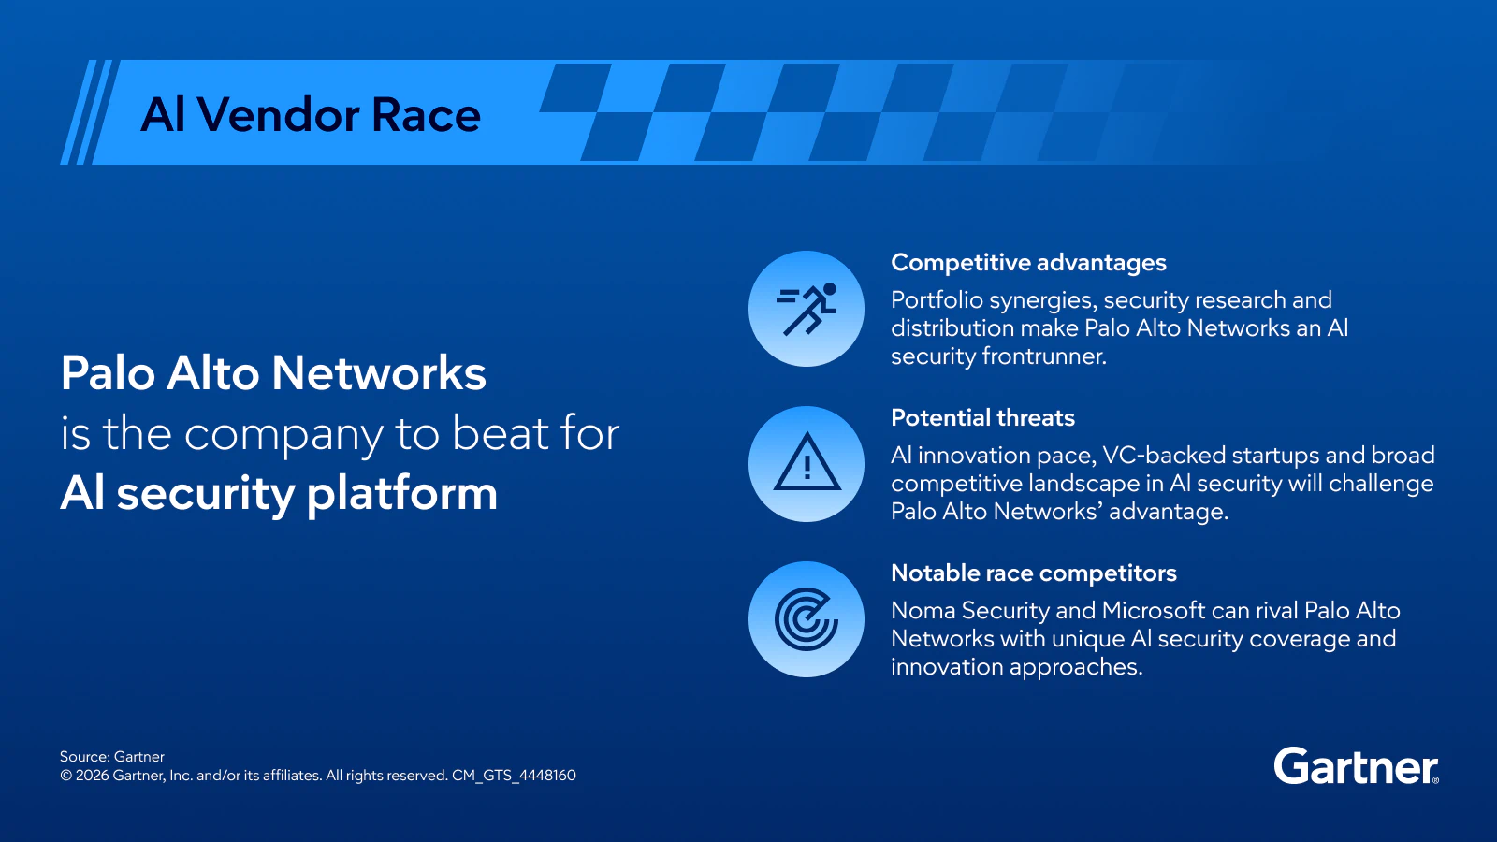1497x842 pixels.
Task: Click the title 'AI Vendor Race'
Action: [x=311, y=115]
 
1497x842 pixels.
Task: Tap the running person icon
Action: [x=807, y=309]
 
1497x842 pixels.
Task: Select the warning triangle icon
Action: [x=807, y=464]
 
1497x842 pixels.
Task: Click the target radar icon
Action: [x=807, y=619]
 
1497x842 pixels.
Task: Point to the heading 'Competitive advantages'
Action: [x=1028, y=263]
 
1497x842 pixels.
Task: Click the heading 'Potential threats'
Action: [x=982, y=418]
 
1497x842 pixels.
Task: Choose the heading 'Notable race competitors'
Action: [x=1033, y=573]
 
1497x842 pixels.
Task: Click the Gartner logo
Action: [x=1355, y=767]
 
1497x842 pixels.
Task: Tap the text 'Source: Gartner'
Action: [x=112, y=757]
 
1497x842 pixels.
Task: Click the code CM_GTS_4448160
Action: [x=514, y=776]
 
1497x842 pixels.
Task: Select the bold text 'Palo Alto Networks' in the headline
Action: [x=273, y=373]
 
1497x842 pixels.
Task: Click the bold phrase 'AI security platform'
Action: [x=279, y=493]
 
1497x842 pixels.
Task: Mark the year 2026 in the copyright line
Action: [x=92, y=776]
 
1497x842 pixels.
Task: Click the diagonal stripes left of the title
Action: [x=86, y=112]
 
